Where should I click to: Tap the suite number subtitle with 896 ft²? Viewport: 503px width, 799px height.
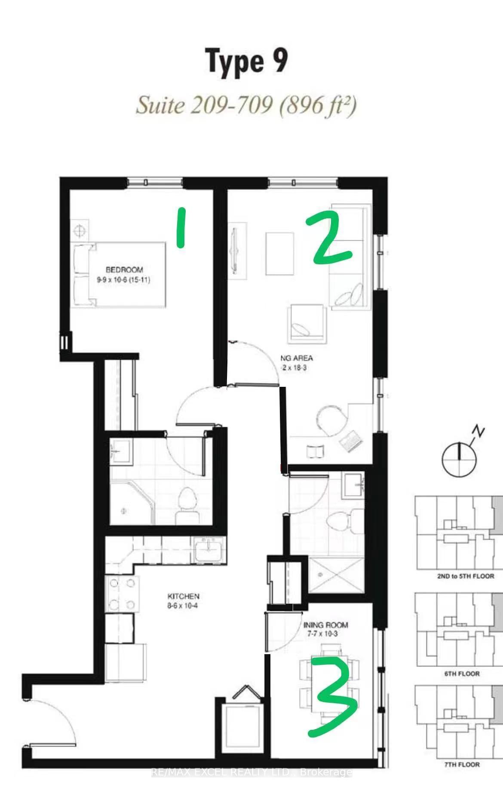(246, 106)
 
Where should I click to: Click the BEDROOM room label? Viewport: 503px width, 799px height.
(124, 270)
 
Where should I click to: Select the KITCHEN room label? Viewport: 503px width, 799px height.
(183, 597)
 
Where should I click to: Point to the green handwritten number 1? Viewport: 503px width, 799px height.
(181, 227)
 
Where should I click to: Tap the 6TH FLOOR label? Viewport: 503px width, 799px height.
(462, 673)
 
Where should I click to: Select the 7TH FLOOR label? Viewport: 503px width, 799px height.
(462, 765)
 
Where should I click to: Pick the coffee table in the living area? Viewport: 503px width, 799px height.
(279, 254)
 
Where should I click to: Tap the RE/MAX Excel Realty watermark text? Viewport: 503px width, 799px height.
(252, 772)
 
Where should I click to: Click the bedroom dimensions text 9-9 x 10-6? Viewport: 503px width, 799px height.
(123, 280)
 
